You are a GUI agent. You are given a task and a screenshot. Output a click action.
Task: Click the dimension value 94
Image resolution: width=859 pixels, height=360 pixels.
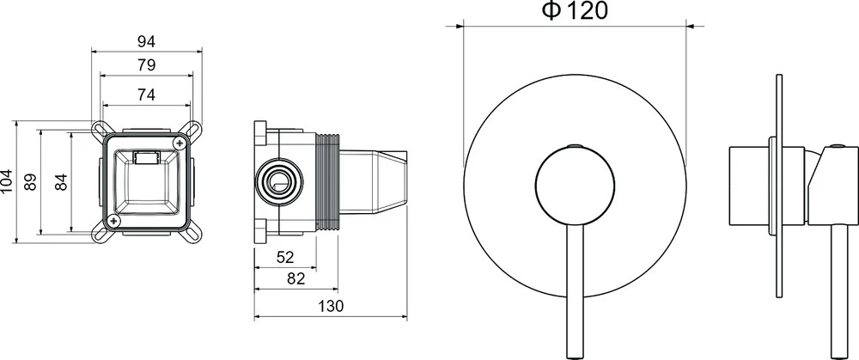click(146, 41)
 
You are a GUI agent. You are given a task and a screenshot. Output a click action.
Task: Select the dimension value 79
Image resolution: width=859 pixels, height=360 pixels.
click(146, 65)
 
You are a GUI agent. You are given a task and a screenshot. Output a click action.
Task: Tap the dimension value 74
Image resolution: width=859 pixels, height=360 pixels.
click(146, 95)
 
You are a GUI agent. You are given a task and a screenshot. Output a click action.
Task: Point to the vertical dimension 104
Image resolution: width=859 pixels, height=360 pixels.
click(7, 182)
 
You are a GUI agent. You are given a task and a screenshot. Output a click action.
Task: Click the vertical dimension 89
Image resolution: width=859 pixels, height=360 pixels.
click(31, 182)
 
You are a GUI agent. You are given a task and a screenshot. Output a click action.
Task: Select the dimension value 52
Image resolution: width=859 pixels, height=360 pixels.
click(285, 257)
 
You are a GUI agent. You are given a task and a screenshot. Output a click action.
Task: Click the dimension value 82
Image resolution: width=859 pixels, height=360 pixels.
click(295, 279)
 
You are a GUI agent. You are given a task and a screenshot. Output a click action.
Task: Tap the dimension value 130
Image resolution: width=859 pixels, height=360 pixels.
click(331, 307)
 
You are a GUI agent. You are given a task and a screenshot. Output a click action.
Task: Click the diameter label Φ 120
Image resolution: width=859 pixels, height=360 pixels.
click(576, 10)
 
